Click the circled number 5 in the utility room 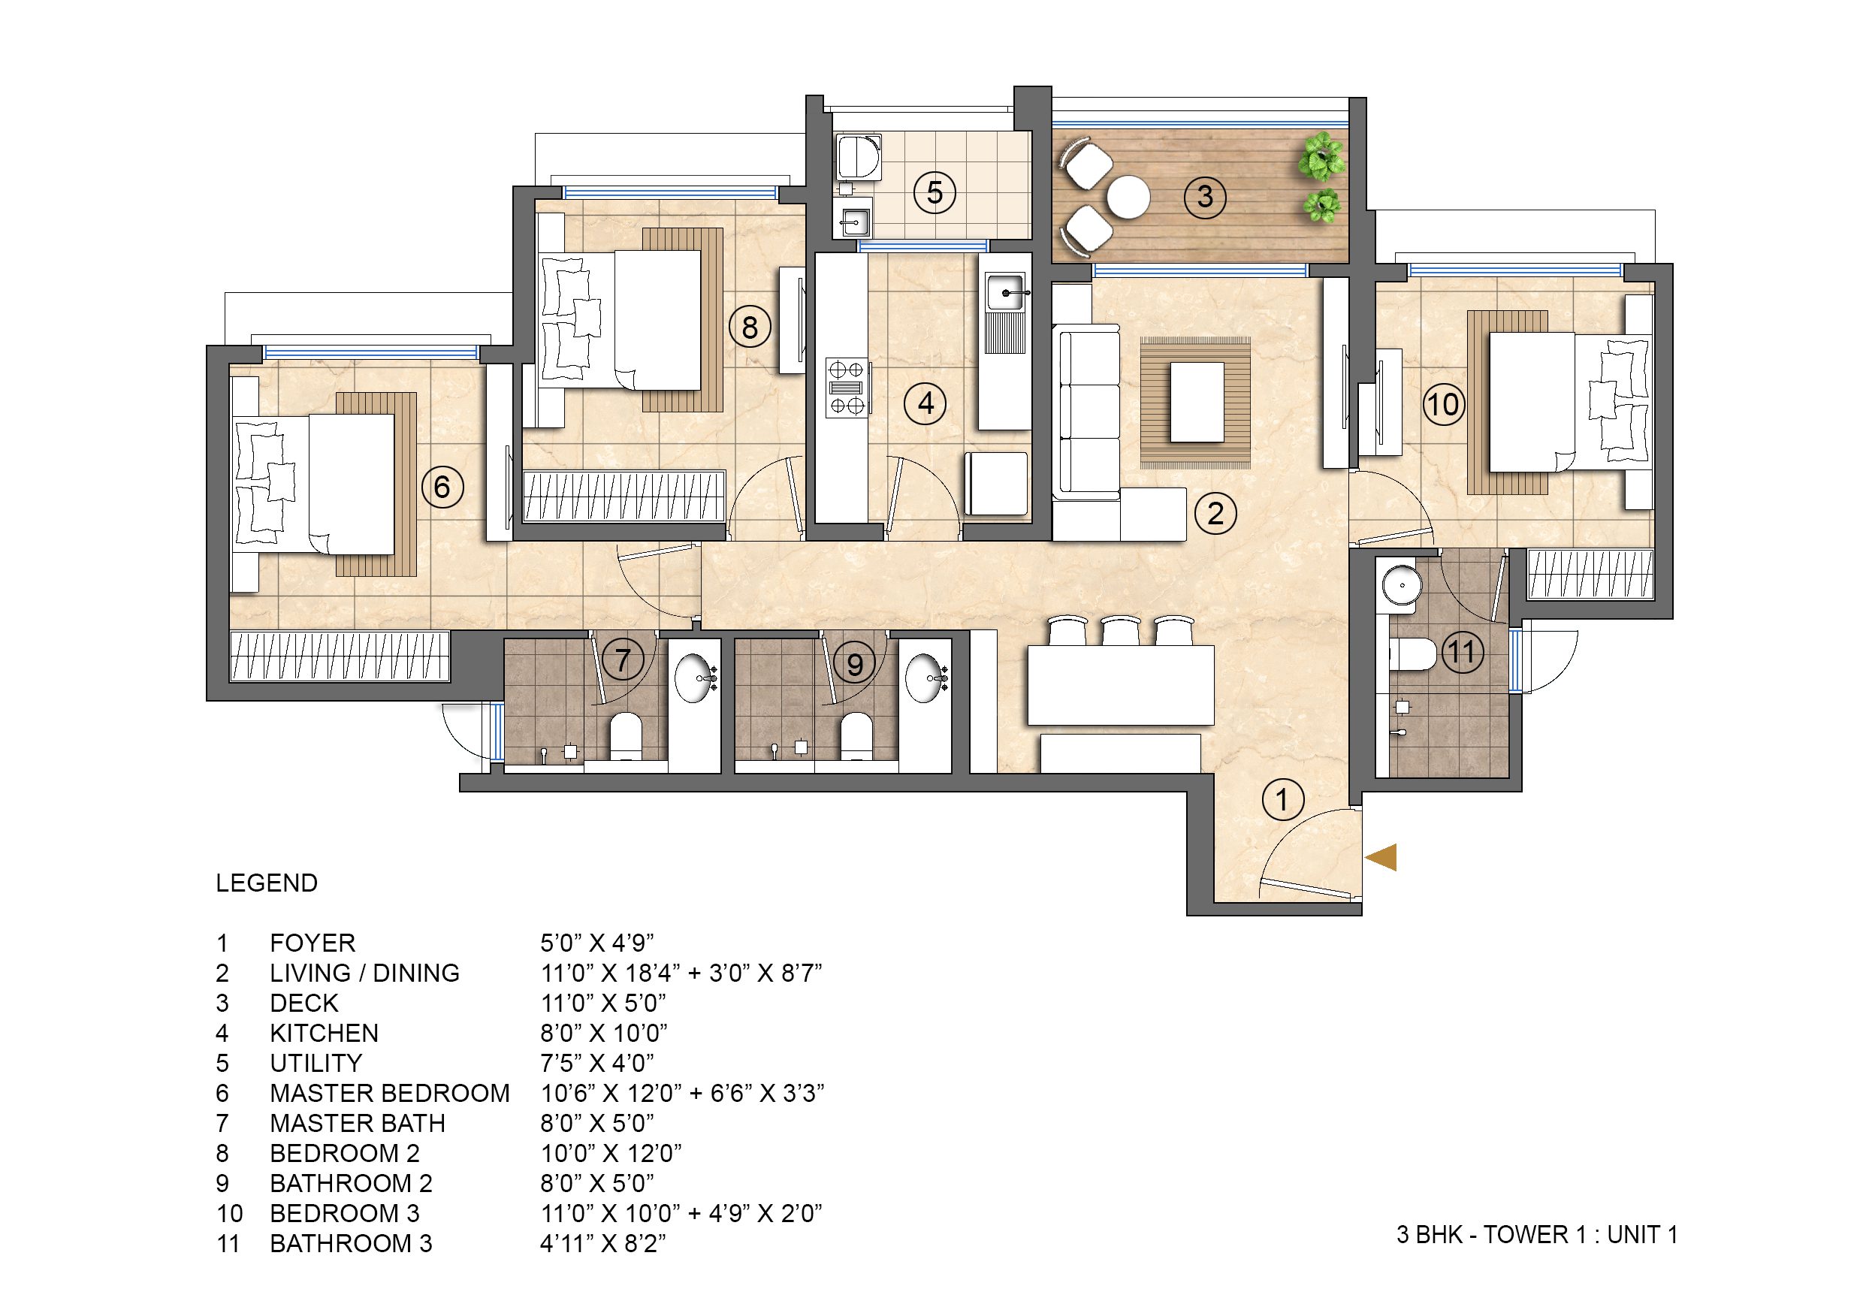click(x=934, y=193)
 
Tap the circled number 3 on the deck click(x=1205, y=196)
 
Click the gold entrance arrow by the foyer click(x=1381, y=857)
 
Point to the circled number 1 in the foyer click(x=1283, y=800)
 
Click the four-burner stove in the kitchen click(x=847, y=388)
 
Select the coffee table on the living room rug click(x=1196, y=403)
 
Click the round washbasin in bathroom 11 click(x=1400, y=584)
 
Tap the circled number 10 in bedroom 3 click(x=1442, y=404)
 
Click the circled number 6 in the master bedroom click(x=442, y=487)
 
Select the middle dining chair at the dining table click(x=1121, y=632)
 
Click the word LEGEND click(x=266, y=883)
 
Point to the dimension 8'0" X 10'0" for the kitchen click(x=604, y=1033)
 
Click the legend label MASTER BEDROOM click(x=389, y=1093)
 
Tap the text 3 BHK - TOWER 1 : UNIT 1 click(x=1536, y=1234)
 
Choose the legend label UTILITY click(x=316, y=1063)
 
